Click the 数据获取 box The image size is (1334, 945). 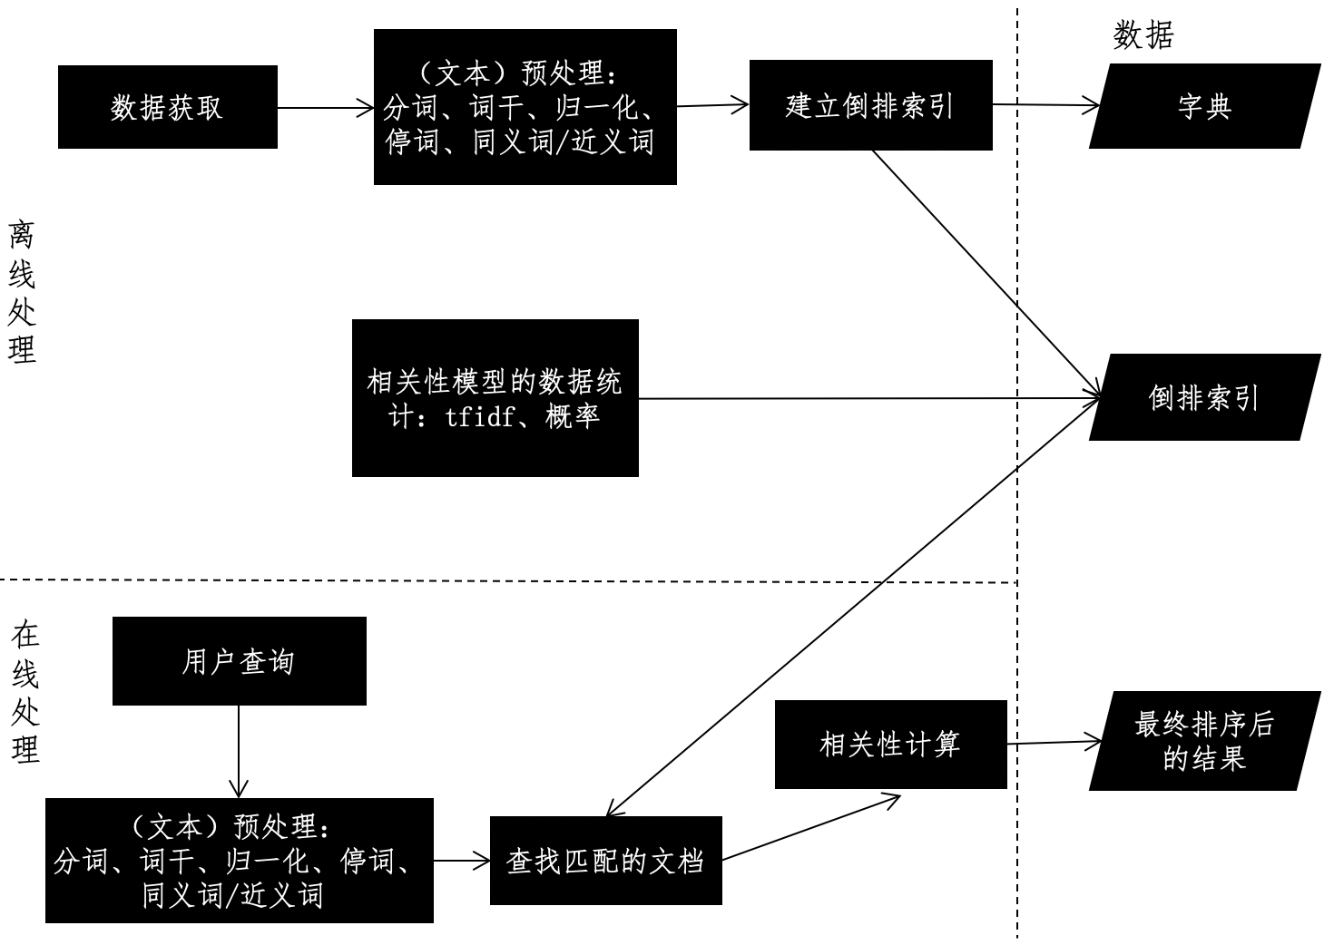pyautogui.click(x=167, y=107)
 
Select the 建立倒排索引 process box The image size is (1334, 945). pyautogui.click(x=870, y=105)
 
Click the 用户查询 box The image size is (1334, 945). pyautogui.click(x=239, y=661)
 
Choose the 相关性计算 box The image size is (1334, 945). pyautogui.click(x=890, y=745)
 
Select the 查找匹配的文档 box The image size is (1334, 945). pyautogui.click(x=605, y=861)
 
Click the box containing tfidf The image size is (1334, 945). pyautogui.click(x=495, y=397)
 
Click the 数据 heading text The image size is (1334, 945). pyautogui.click(x=1143, y=35)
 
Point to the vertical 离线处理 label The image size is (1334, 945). pyautogui.click(x=22, y=291)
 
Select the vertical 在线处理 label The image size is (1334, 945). pyautogui.click(x=25, y=693)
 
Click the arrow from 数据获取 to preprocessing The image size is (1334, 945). pyautogui.click(x=325, y=108)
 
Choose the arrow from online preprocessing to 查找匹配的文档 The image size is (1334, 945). pyautogui.click(x=461, y=861)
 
